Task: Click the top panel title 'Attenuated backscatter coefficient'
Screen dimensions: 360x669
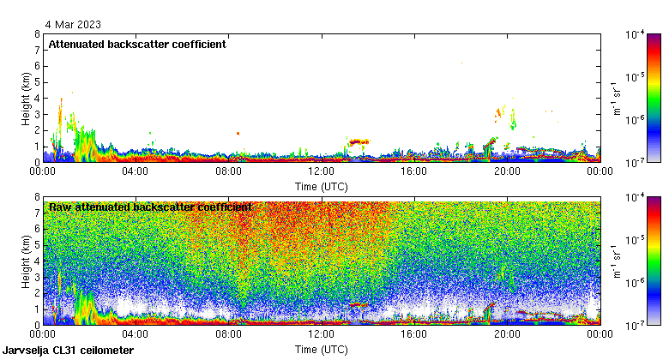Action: pos(137,45)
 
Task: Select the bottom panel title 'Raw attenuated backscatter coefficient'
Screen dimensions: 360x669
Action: pos(150,207)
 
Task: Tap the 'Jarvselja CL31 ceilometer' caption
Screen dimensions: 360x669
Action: pos(69,351)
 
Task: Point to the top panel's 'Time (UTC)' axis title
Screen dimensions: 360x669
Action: pos(322,186)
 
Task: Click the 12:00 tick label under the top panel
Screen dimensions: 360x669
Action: pos(321,171)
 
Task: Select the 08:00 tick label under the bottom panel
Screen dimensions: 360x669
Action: pos(228,334)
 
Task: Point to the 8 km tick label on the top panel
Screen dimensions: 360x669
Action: pos(37,35)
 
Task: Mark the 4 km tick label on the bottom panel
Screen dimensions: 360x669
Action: pos(37,261)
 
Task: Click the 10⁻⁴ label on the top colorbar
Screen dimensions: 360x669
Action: pos(636,35)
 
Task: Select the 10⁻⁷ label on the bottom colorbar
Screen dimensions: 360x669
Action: pos(636,325)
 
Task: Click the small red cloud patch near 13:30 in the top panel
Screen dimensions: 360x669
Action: pos(358,141)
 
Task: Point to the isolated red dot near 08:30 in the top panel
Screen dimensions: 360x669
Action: pos(238,133)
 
